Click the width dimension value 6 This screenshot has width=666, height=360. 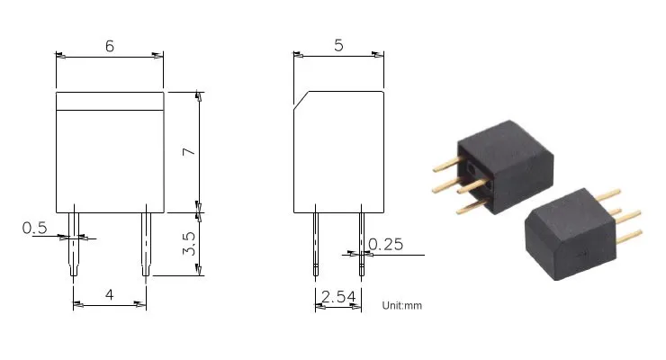coord(110,46)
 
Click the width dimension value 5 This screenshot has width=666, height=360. coord(338,45)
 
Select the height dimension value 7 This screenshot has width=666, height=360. coord(189,151)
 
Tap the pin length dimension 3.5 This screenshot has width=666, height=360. coord(189,243)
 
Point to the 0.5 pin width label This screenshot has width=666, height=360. coord(34,228)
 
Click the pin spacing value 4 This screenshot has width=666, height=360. coord(110,294)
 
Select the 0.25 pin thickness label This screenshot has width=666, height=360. coord(386,244)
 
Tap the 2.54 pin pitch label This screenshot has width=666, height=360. coord(338,296)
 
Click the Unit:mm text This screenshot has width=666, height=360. coord(401,305)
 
